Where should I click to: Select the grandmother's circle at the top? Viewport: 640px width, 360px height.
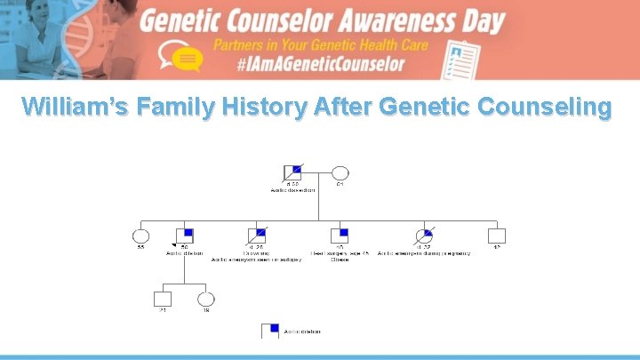[x=340, y=173]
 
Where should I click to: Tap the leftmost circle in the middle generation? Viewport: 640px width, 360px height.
[x=140, y=236]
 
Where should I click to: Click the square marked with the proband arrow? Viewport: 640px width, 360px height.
[x=185, y=236]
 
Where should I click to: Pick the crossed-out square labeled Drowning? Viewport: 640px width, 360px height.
[x=256, y=236]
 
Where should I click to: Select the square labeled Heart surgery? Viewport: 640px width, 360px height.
[x=339, y=236]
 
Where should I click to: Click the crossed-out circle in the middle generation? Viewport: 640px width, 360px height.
[x=425, y=236]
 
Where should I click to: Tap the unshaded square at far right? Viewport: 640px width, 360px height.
[x=497, y=236]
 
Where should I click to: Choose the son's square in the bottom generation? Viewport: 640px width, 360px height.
[x=162, y=299]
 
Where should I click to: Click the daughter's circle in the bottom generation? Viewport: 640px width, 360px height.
[x=206, y=299]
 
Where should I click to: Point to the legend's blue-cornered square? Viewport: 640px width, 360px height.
[x=270, y=331]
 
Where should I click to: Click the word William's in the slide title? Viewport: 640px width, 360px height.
[x=68, y=107]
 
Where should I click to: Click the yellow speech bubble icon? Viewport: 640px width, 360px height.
[x=185, y=60]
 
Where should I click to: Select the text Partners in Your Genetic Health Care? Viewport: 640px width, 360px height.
[x=320, y=44]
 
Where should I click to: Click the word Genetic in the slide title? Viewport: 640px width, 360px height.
[x=423, y=107]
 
